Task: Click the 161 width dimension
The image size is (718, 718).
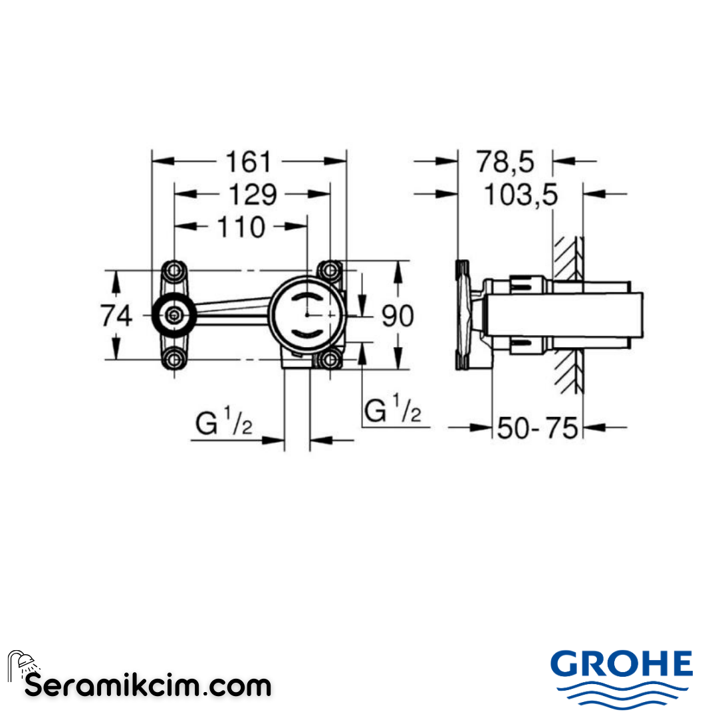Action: point(249,162)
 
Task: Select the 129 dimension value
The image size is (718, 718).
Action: point(252,195)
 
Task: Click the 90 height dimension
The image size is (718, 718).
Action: point(398,316)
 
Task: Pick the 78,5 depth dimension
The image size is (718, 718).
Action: point(505,162)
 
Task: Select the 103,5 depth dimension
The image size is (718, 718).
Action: point(520,195)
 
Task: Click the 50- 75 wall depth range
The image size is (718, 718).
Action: point(538,428)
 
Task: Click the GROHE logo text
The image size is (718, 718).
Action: point(622,664)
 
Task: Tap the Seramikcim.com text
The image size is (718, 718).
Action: point(148,685)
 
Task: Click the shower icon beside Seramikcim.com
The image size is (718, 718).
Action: point(22,665)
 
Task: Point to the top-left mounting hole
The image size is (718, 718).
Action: point(174,271)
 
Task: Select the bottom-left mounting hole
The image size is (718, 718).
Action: point(174,360)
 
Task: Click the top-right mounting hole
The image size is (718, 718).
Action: point(329,271)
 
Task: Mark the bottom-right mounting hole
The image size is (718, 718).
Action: point(329,360)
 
